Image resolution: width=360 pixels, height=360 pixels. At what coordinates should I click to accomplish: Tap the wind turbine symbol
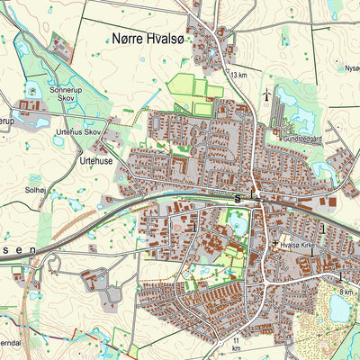(265, 94)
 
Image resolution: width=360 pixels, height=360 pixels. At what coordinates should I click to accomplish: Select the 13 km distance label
(238, 75)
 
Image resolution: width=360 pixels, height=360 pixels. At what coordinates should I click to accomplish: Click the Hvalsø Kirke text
(301, 243)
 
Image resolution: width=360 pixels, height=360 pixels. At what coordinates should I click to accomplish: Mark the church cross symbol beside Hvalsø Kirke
(274, 243)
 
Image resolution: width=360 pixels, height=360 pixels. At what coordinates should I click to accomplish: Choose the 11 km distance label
(236, 346)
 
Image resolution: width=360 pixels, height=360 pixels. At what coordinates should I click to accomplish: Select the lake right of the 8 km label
(339, 309)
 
